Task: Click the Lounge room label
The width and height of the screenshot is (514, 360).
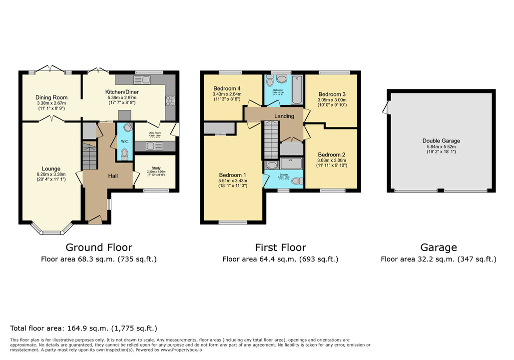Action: coord(51,168)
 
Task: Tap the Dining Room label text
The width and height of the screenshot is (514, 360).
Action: coord(51,97)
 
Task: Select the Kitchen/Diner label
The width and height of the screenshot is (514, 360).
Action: coord(122,92)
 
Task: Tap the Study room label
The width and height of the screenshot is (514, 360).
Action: coord(155,166)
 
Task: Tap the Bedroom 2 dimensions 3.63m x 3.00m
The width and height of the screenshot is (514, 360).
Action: coord(332,160)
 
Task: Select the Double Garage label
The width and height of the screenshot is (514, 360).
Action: coord(441,141)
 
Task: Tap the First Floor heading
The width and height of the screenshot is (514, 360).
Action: coord(280,247)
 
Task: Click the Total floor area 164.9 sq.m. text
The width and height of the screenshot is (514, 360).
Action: coord(83,328)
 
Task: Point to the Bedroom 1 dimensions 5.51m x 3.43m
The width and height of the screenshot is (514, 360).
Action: coord(233,180)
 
